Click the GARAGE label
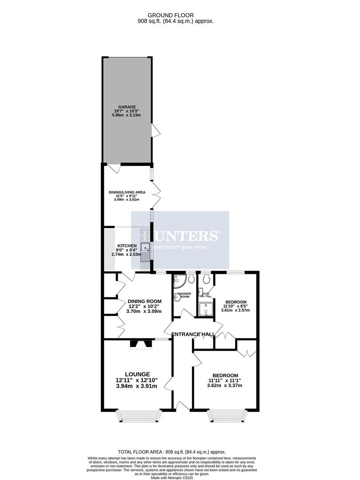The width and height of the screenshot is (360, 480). coord(127,107)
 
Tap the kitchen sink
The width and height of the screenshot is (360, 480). coord(146,252)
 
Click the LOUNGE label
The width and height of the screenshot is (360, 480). coord(137,374)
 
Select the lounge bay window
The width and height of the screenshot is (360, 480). coord(138,415)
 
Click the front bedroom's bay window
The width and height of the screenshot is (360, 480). coord(226,415)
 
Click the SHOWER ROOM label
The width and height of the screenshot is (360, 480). coord(184,295)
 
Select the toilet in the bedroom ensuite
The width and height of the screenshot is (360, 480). coord(206,279)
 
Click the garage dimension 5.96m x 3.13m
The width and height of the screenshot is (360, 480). coord(127,116)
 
